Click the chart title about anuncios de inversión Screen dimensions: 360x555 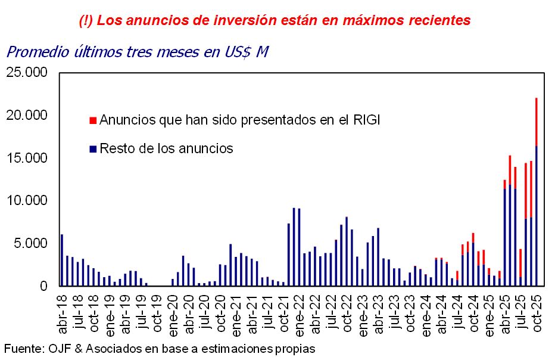click(275, 20)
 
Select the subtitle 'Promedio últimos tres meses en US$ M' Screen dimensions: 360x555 click(137, 52)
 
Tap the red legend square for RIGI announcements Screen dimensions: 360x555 click(92, 120)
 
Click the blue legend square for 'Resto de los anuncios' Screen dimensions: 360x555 click(92, 148)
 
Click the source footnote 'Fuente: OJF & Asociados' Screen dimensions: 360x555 click(159, 348)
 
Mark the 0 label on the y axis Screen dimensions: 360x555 click(43, 286)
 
